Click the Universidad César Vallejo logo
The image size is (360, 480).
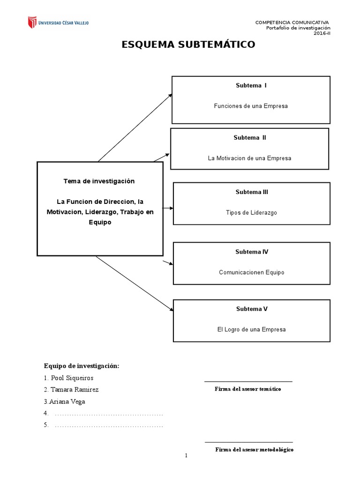tap(58, 22)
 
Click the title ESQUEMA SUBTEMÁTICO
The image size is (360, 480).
tap(188, 45)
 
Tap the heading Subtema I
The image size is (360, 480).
tap(251, 85)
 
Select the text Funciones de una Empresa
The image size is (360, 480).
tap(251, 106)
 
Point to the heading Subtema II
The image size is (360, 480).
tap(249, 137)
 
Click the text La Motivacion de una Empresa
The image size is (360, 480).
tap(249, 158)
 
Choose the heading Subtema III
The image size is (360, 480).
tap(252, 192)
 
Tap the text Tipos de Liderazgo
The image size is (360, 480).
tap(251, 212)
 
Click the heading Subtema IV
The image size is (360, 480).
tap(252, 252)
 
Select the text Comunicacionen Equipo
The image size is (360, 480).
tap(251, 272)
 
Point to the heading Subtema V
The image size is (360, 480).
tap(252, 309)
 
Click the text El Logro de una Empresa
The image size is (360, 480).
tap(251, 330)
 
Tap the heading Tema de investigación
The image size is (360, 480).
tap(99, 181)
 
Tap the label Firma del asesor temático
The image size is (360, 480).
tap(248, 389)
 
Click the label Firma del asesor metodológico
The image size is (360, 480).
tap(254, 449)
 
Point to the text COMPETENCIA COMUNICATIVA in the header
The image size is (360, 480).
tap(292, 22)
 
